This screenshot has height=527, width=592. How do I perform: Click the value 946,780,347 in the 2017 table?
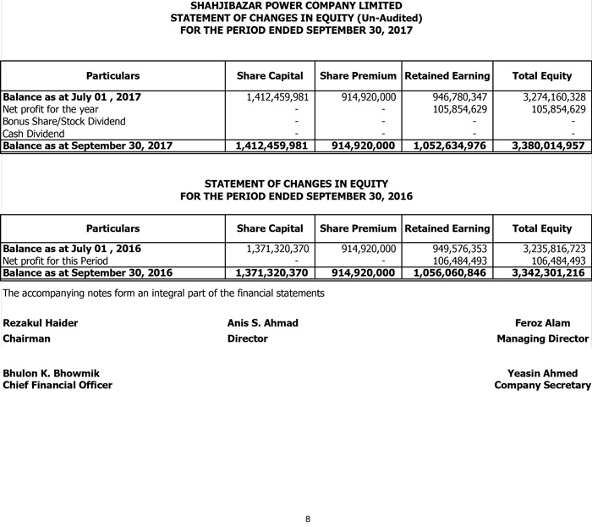[460, 97]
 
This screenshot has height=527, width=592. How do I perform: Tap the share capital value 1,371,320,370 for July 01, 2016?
[277, 249]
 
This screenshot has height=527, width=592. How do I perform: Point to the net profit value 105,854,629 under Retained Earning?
[460, 109]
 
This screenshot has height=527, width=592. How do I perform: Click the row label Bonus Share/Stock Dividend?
[64, 121]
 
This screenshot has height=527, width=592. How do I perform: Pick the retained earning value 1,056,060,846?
[452, 272]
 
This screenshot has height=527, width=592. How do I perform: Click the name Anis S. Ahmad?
[262, 323]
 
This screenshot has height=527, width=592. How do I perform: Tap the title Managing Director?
[542, 338]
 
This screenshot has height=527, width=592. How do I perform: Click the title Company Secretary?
[542, 385]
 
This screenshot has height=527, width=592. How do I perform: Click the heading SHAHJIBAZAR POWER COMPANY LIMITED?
[296, 6]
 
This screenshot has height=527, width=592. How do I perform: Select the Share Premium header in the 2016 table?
[358, 228]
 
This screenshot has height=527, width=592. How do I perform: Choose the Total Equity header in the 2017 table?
[542, 76]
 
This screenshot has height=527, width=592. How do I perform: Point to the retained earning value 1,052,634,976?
[452, 145]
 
